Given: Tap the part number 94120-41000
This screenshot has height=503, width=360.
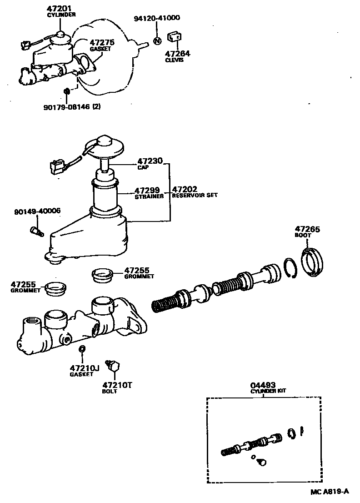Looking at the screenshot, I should (157, 19).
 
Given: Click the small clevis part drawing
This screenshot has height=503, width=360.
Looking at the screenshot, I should (175, 38).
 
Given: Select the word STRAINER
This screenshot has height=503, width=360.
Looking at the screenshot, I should (149, 197).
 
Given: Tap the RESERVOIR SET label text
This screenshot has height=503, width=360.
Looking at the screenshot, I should (195, 196).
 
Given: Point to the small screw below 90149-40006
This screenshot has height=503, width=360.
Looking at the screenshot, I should (36, 231).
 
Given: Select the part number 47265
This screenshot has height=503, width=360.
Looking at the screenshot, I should (307, 229).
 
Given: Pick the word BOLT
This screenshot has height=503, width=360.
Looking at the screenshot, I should (109, 392).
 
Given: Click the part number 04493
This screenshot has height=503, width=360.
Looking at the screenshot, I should (265, 385).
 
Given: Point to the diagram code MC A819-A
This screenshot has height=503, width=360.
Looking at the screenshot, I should (330, 491).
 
